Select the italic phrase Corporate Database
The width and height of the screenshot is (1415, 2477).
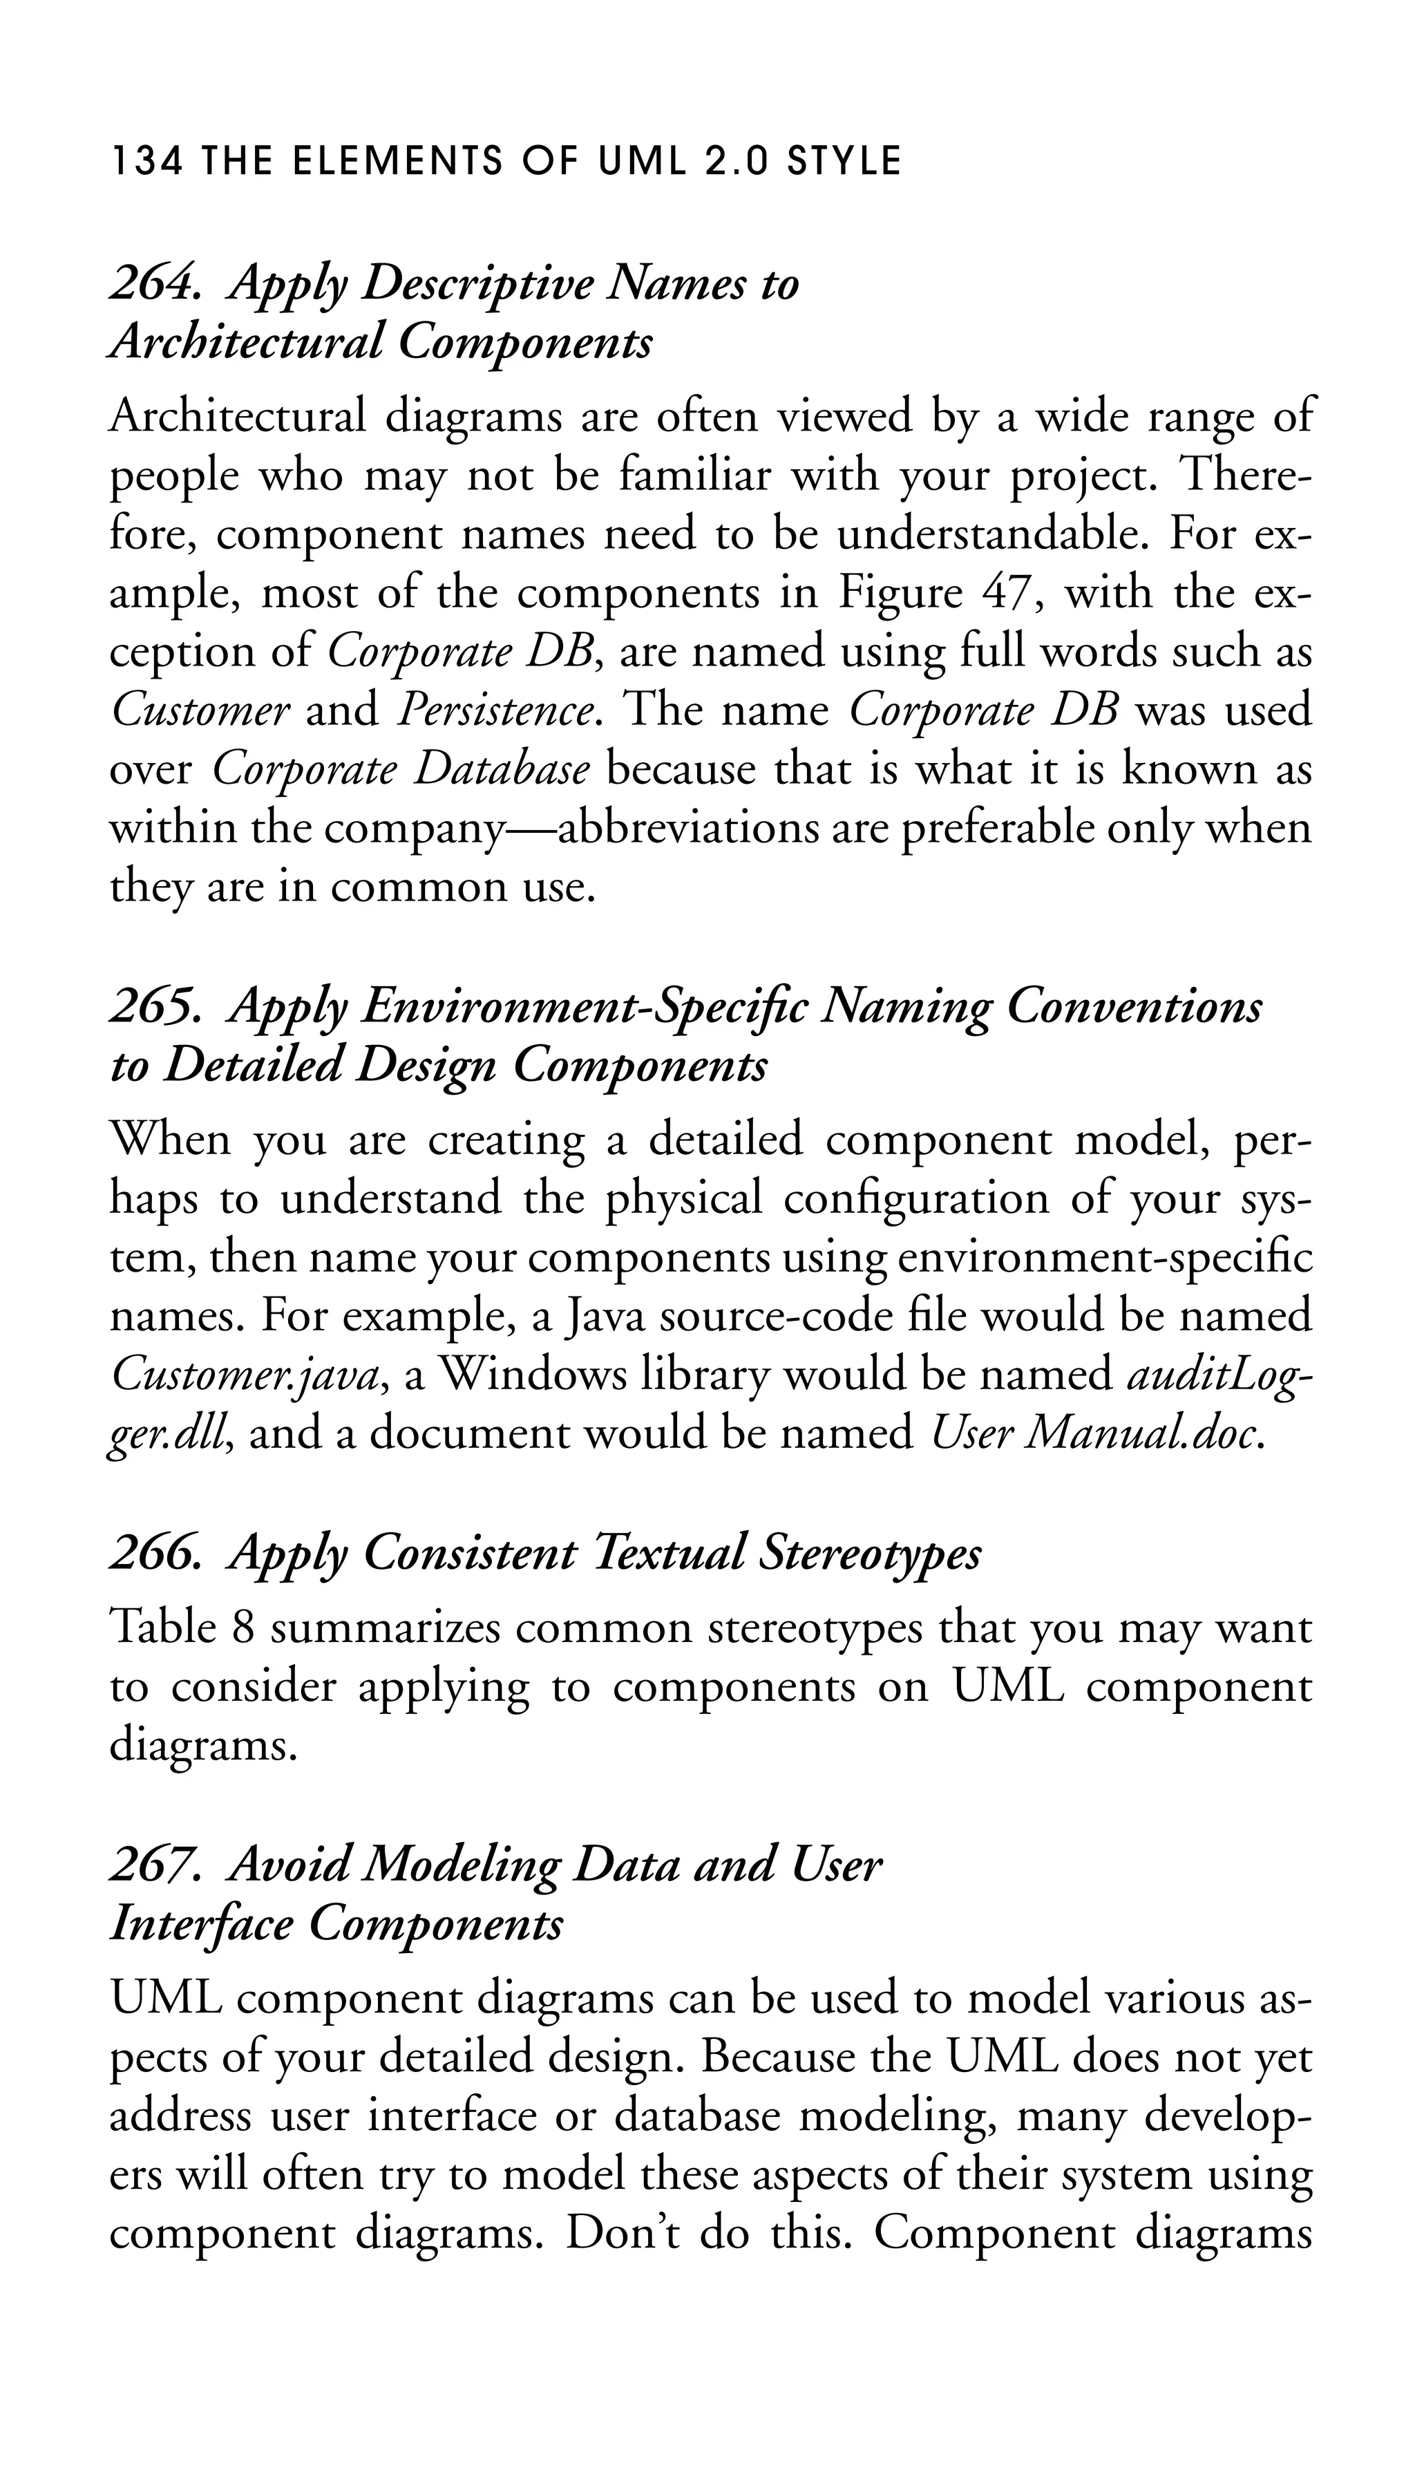[401, 770]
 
